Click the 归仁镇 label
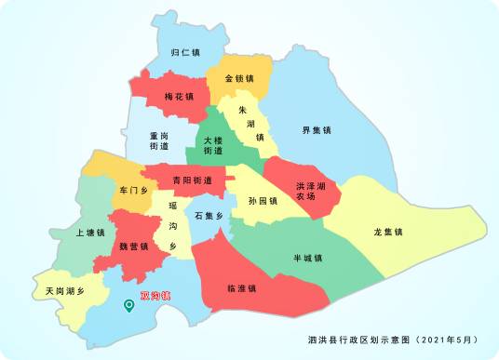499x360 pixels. (186, 53)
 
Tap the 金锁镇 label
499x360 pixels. (240, 78)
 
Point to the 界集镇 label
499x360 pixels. (317, 130)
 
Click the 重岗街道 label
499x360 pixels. (159, 140)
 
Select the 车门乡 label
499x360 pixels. (134, 190)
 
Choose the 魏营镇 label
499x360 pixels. (134, 247)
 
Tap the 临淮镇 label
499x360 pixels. (243, 288)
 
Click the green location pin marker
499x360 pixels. (129, 304)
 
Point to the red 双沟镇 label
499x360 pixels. (155, 296)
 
